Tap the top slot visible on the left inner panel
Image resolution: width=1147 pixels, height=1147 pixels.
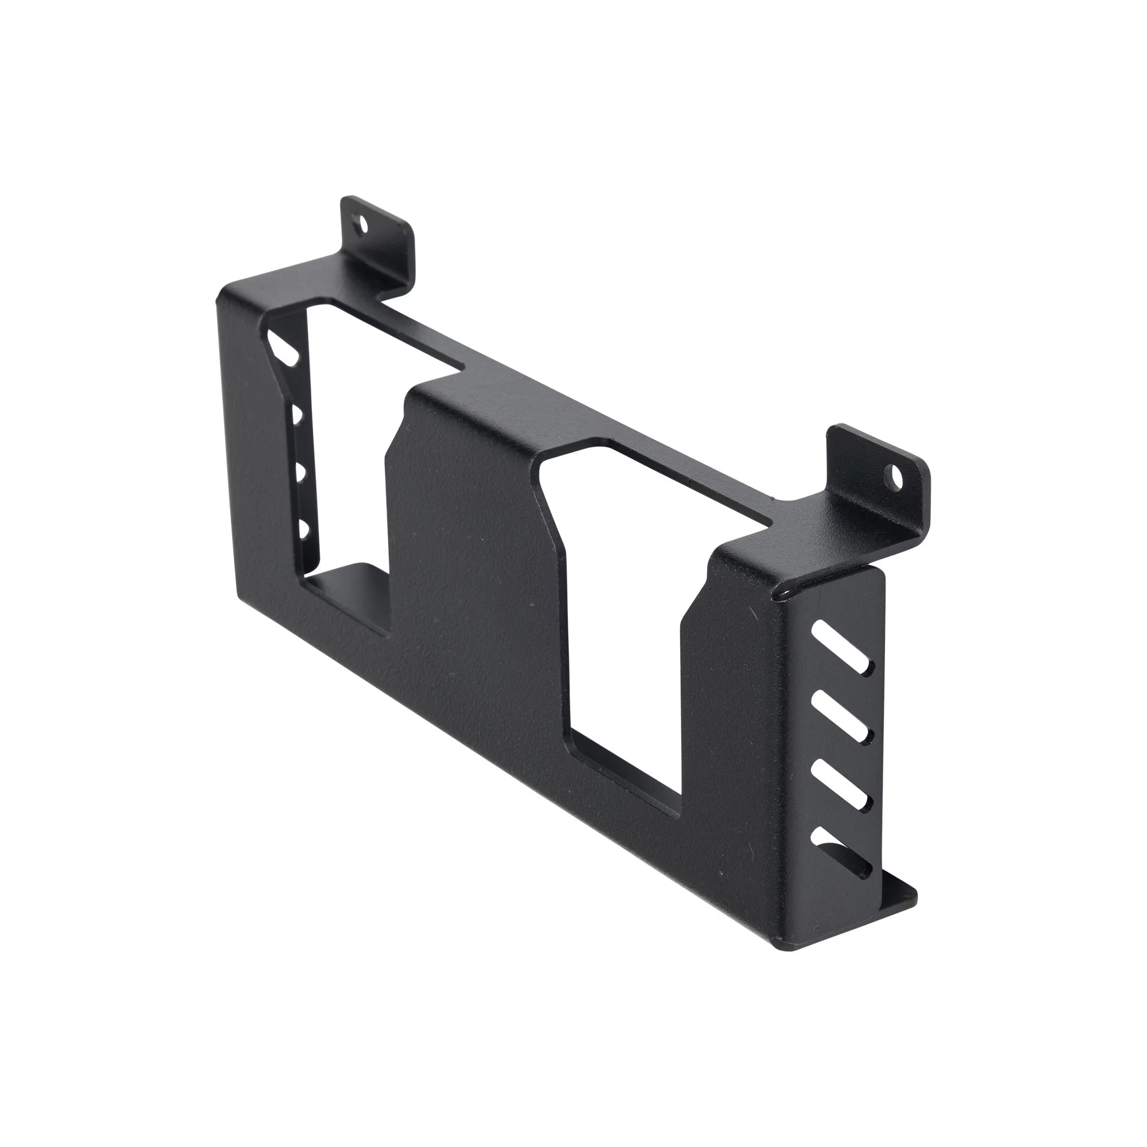(x=285, y=350)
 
